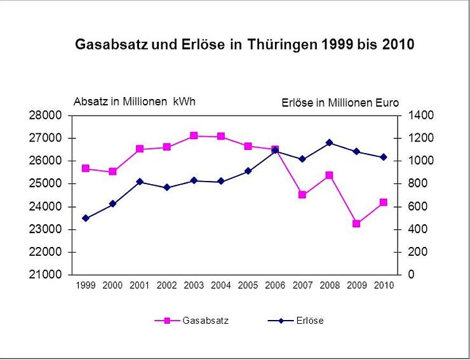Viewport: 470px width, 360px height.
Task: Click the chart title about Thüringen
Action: click(245, 45)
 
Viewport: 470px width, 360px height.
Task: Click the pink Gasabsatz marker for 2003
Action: click(194, 136)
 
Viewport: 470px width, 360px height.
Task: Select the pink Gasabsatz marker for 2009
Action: click(356, 223)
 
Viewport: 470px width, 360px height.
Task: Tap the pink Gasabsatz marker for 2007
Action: click(302, 195)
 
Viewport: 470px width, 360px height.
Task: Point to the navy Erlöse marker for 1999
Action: click(86, 218)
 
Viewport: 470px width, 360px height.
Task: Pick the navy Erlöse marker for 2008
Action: click(329, 143)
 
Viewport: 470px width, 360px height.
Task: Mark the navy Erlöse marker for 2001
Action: click(140, 182)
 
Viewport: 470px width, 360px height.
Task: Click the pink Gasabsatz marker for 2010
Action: click(383, 203)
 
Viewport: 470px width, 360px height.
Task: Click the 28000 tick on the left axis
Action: click(48, 116)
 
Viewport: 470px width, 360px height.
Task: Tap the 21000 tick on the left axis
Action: click(48, 275)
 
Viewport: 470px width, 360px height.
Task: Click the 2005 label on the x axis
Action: click(248, 286)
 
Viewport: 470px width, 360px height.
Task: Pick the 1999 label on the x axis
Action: click(86, 286)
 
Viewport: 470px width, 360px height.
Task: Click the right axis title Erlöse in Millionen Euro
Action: click(340, 103)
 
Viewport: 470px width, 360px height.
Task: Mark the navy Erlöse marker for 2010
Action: click(383, 157)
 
